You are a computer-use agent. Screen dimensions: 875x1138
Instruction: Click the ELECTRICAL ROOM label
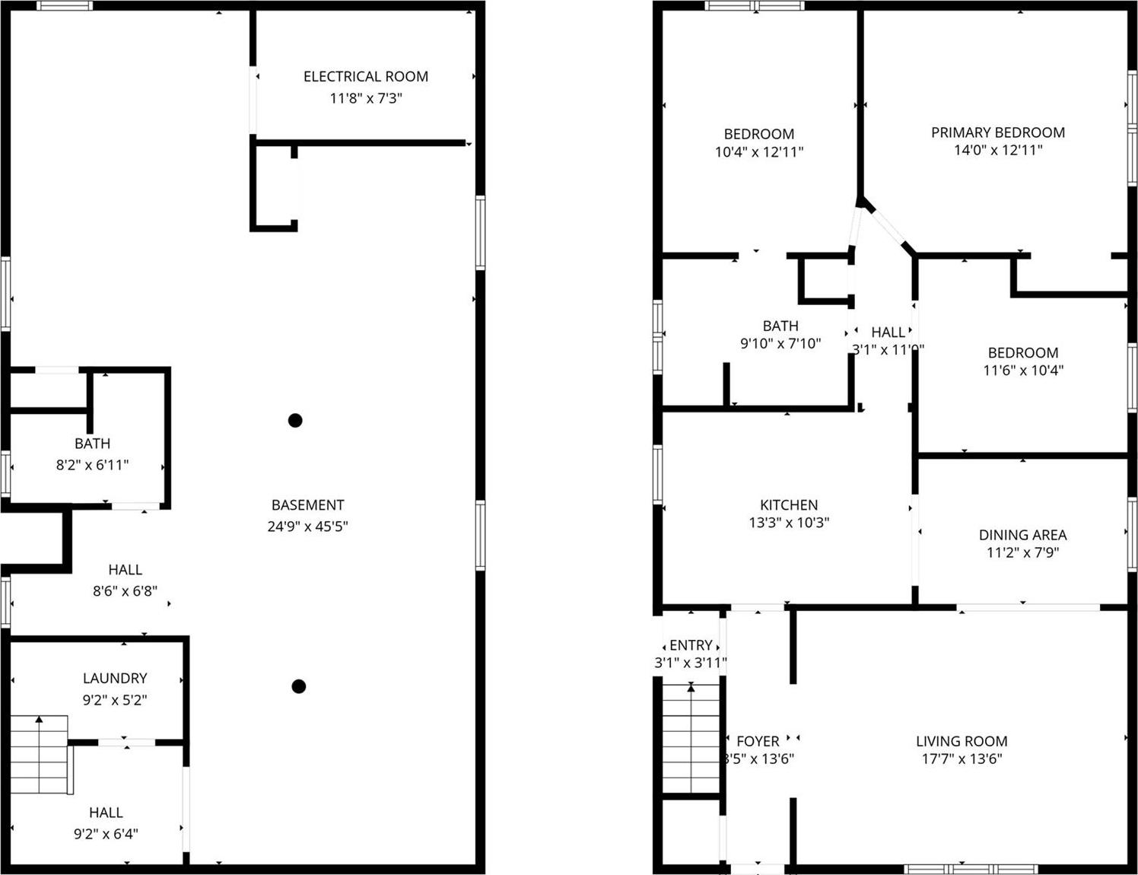(x=365, y=76)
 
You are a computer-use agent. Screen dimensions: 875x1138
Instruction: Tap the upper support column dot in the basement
(x=295, y=420)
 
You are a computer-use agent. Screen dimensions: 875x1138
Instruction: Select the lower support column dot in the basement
(x=299, y=686)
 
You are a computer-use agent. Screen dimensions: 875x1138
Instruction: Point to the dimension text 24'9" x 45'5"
(x=307, y=526)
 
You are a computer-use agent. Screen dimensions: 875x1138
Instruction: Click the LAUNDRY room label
(x=115, y=678)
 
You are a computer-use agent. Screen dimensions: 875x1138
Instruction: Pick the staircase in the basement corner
(x=40, y=754)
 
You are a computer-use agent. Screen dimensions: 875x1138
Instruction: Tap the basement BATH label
(x=92, y=444)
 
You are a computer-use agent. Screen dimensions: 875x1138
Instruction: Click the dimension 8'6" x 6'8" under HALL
(x=125, y=590)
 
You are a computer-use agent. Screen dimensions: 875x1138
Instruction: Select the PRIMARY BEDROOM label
(x=997, y=132)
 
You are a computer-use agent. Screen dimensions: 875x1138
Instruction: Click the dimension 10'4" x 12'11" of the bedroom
(x=758, y=152)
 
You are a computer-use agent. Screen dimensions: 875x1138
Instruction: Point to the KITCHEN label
(x=789, y=504)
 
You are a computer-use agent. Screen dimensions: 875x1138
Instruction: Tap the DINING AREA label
(x=1022, y=535)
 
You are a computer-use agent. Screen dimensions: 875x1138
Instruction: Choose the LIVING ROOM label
(x=962, y=741)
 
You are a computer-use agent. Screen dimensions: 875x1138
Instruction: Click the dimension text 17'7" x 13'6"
(x=962, y=759)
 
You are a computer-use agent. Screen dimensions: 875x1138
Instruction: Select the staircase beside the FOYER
(x=691, y=738)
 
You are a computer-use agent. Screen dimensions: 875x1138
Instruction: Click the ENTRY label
(x=691, y=645)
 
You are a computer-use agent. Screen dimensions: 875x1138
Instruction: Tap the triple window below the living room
(x=971, y=868)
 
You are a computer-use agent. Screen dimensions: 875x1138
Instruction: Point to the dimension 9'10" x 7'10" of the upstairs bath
(x=780, y=344)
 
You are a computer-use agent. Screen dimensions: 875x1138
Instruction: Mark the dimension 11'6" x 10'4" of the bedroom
(x=1022, y=371)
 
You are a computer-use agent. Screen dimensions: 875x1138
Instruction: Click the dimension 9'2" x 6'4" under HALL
(x=106, y=834)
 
